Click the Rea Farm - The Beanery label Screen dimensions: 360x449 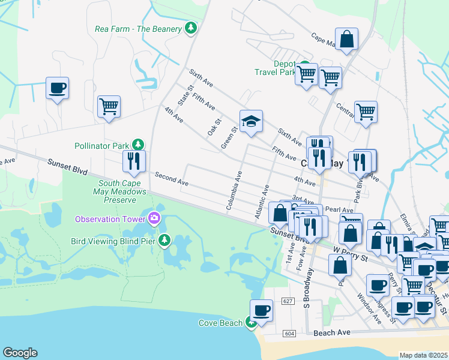click(x=138, y=29)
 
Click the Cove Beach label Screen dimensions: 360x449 click(x=221, y=323)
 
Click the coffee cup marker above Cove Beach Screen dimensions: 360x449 click(x=261, y=311)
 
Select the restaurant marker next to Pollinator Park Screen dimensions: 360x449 click(x=133, y=161)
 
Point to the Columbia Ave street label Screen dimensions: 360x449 click(x=234, y=190)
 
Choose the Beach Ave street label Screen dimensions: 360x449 click(x=331, y=332)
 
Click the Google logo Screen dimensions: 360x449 click(x=20, y=353)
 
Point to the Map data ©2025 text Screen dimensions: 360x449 click(x=423, y=355)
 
